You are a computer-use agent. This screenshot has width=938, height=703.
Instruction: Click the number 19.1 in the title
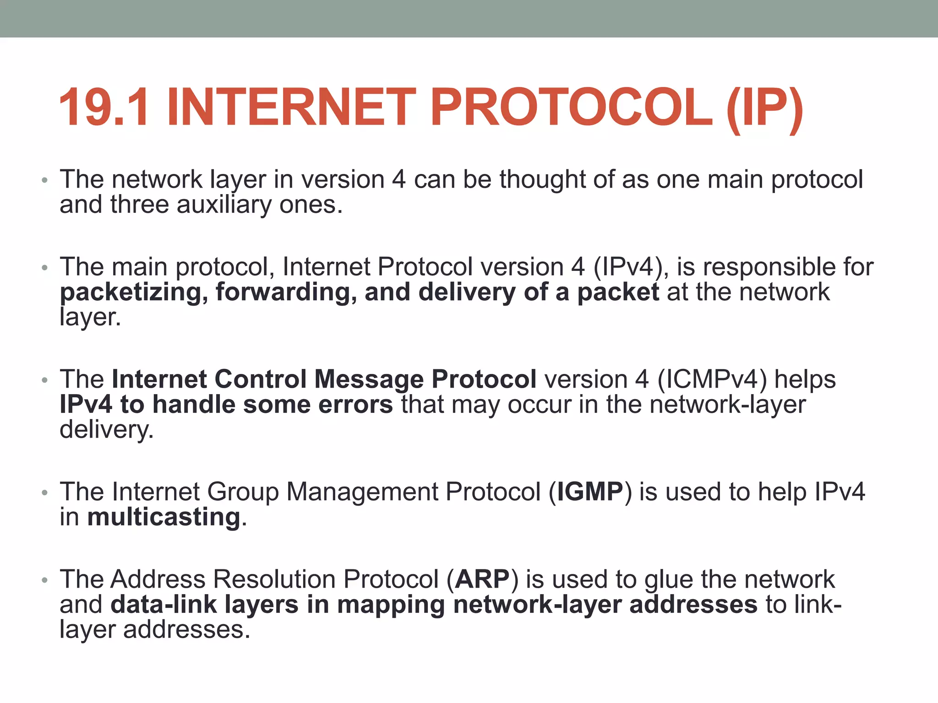tap(104, 108)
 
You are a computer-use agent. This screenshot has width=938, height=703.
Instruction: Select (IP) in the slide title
tap(764, 109)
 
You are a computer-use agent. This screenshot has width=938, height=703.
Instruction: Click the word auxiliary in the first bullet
tap(224, 205)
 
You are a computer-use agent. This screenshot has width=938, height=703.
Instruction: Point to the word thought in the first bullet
tap(542, 179)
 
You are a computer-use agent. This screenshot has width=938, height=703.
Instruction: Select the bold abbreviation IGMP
tap(590, 492)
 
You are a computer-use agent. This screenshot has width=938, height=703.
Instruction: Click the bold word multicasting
tap(164, 517)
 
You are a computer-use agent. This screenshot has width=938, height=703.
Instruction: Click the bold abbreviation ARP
tap(482, 579)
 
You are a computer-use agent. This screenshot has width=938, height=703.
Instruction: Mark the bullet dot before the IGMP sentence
tap(44, 493)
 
